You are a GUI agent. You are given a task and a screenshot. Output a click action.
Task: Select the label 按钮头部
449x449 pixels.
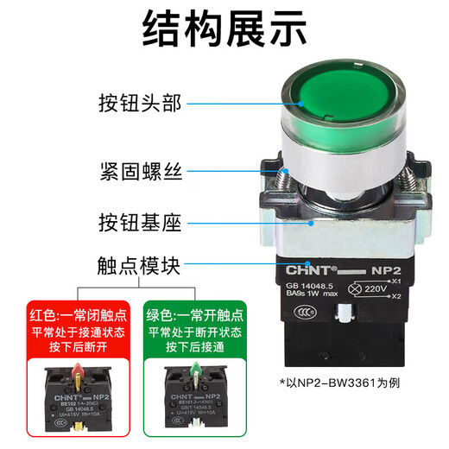click(x=137, y=104)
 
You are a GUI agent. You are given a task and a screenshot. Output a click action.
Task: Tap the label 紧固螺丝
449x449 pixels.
click(x=137, y=171)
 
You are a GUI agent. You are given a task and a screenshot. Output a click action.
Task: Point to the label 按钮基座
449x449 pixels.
click(x=137, y=223)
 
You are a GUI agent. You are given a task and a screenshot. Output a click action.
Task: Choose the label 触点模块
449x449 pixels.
click(x=137, y=268)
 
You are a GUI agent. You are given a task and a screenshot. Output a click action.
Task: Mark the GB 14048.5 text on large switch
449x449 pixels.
click(x=307, y=281)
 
